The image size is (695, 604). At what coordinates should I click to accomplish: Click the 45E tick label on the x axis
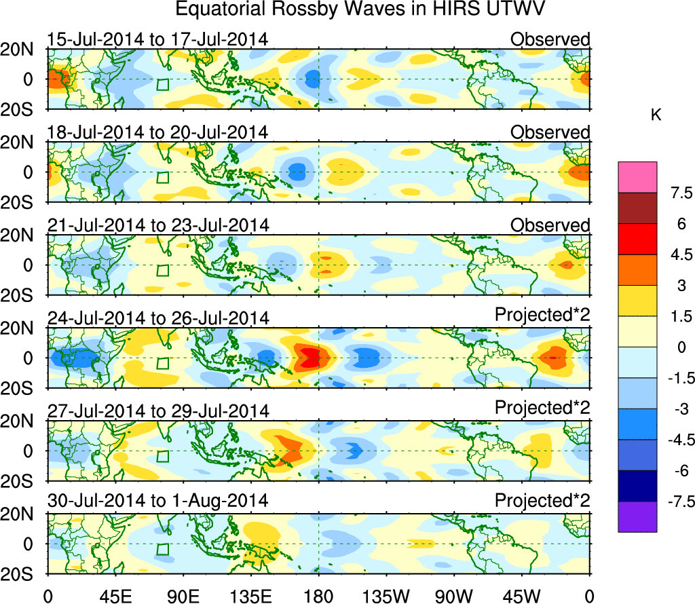pos(115,595)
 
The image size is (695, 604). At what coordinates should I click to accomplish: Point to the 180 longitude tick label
pos(318,595)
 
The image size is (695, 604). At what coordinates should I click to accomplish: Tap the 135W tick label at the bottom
pos(387,595)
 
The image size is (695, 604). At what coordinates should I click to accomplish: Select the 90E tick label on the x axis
pos(183,595)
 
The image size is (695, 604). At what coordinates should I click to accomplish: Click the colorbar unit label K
pos(656,116)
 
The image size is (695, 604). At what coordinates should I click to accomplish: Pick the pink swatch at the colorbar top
pos(637,177)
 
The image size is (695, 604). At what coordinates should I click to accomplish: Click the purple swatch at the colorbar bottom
pos(637,516)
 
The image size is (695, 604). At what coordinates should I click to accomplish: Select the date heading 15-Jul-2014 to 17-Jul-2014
pos(157,39)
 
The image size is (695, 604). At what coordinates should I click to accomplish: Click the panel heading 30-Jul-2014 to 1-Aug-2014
pos(157,501)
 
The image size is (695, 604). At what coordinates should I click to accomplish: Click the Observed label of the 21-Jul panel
pos(550,225)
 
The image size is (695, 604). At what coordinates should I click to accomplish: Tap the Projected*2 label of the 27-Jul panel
pos(542,409)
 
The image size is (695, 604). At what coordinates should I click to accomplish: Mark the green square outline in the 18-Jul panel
pos(162,177)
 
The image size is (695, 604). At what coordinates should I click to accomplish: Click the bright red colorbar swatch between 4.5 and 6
pos(637,239)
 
